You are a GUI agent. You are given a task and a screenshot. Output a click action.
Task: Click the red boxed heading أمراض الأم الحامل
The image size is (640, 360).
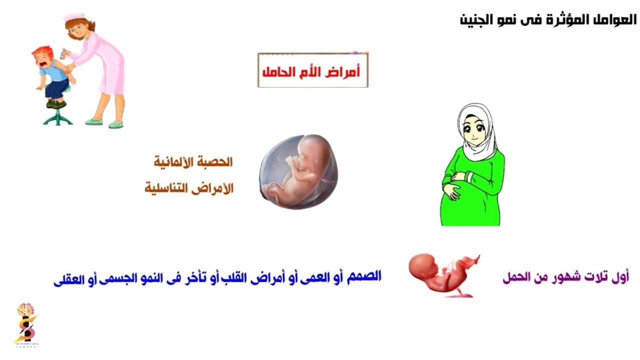(312, 71)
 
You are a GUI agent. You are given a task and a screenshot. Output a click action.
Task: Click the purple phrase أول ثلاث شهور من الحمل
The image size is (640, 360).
(565, 278)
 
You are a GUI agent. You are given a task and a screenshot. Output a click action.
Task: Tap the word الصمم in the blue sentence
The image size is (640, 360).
(364, 276)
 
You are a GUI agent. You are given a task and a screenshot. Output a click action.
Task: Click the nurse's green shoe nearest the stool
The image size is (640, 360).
(93, 121)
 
